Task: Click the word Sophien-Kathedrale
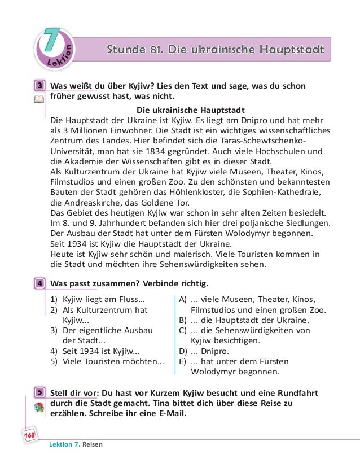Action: [x=288, y=193]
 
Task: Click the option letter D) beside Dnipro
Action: [x=183, y=352]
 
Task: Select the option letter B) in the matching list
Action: [x=183, y=320]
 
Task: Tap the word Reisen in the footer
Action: [x=93, y=444]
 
